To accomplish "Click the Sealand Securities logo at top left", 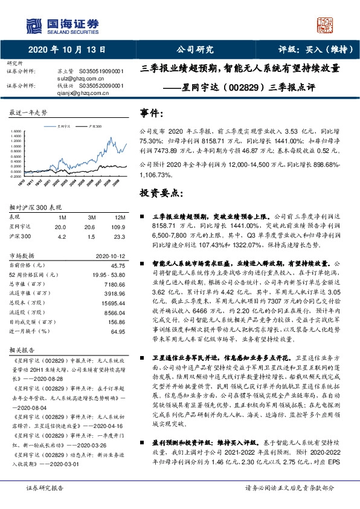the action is tap(61, 24).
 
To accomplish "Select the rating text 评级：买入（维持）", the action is tap(313, 50).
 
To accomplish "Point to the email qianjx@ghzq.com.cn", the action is tap(73, 93).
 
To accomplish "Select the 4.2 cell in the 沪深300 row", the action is tap(60, 236).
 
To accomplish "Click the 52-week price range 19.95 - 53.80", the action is tap(109, 274).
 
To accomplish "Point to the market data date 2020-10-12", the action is tap(111, 256).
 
